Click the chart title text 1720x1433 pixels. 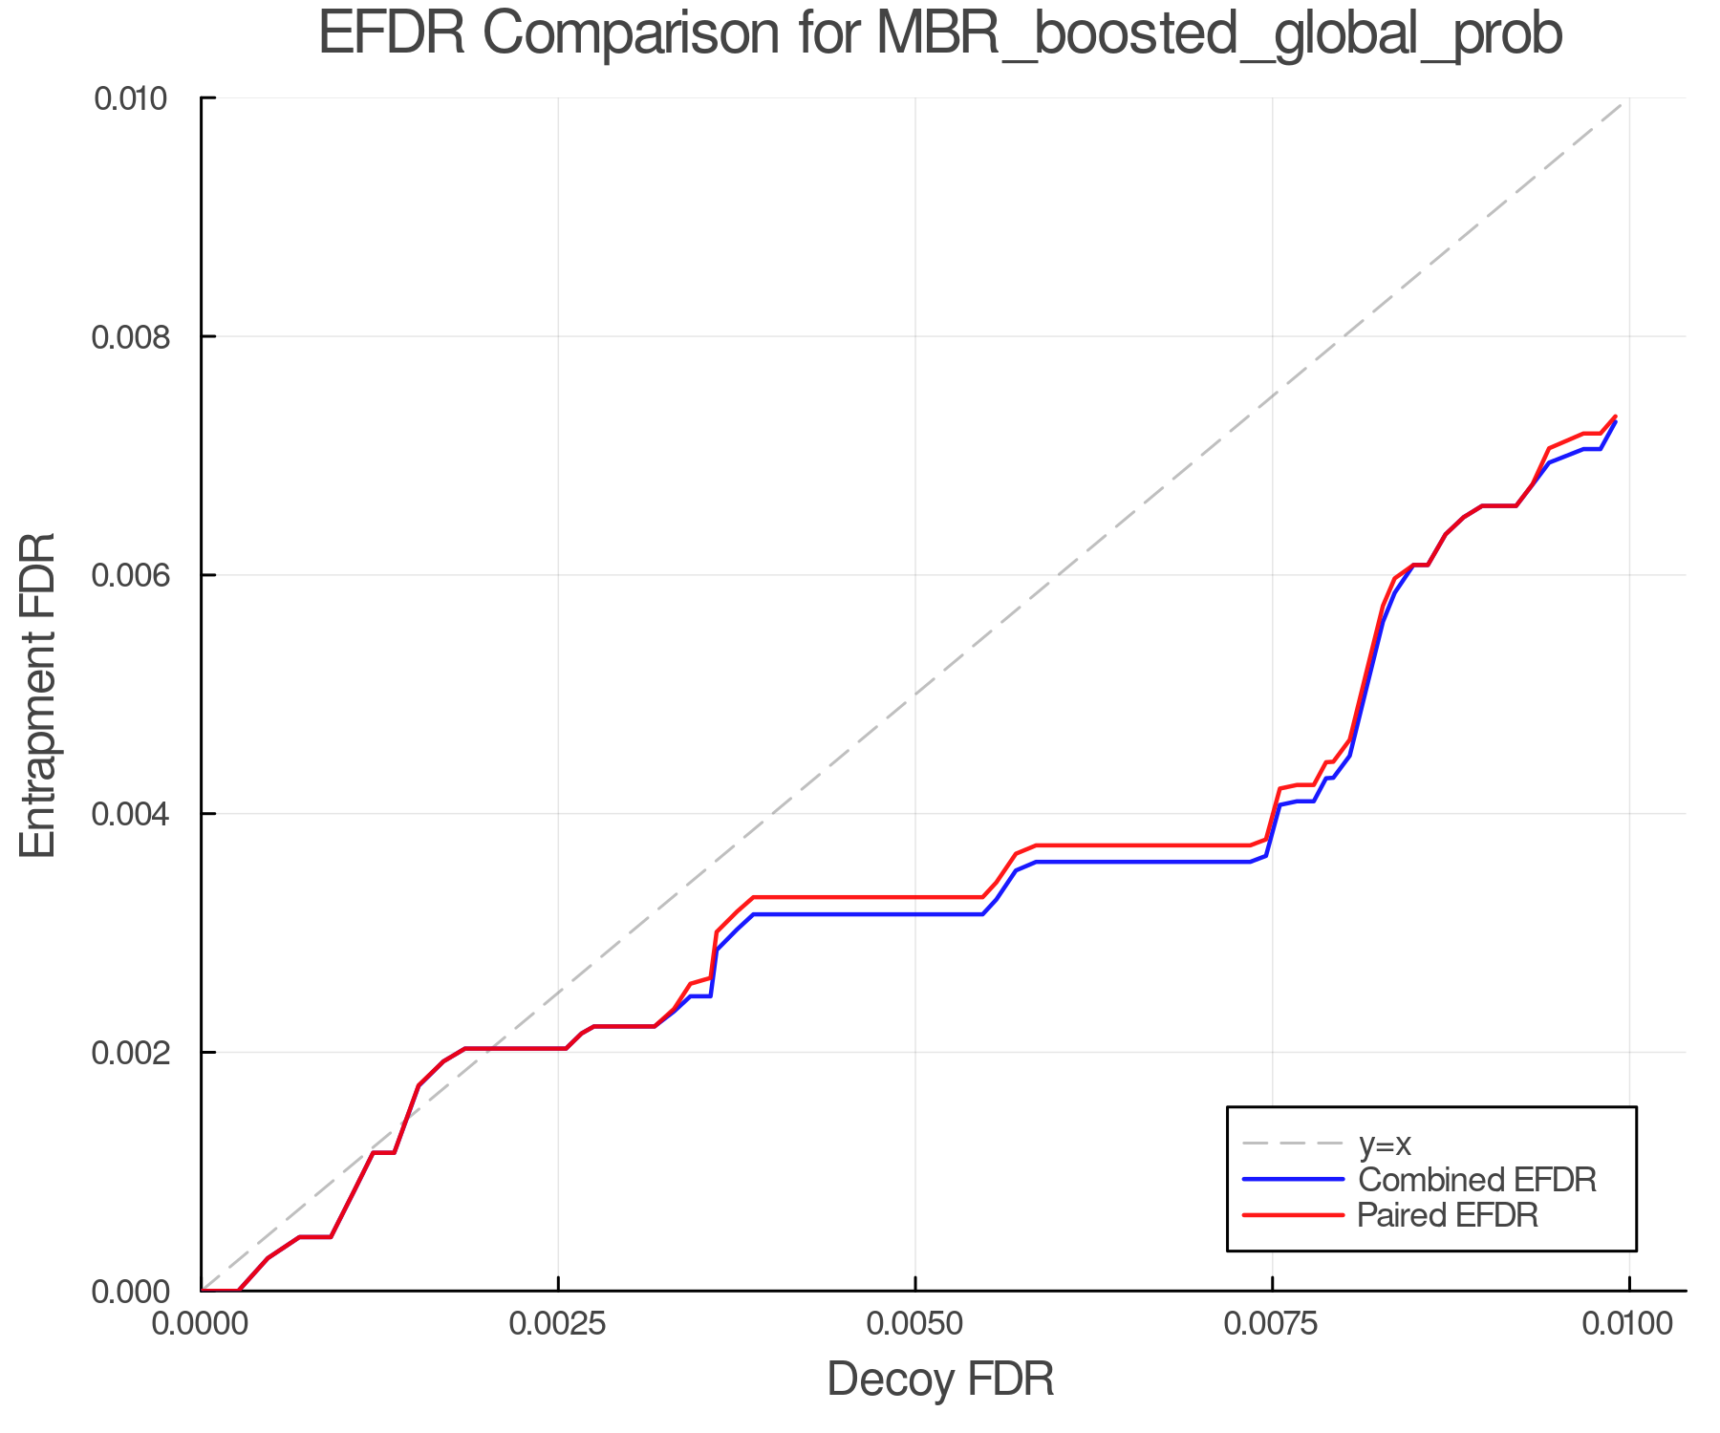[x=939, y=34]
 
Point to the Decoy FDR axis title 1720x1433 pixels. [x=939, y=1379]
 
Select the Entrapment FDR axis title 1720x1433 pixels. [x=38, y=695]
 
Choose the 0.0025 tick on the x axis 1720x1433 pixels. [x=558, y=1324]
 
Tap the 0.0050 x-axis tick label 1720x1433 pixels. [x=915, y=1324]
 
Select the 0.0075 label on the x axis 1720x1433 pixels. [x=1272, y=1324]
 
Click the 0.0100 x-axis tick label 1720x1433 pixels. [x=1629, y=1324]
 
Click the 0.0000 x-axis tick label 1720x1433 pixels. [x=202, y=1324]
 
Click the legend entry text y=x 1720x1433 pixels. [x=1385, y=1144]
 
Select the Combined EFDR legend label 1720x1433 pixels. [x=1476, y=1180]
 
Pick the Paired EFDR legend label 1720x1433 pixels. [x=1448, y=1215]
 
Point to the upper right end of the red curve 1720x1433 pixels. [x=1615, y=417]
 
